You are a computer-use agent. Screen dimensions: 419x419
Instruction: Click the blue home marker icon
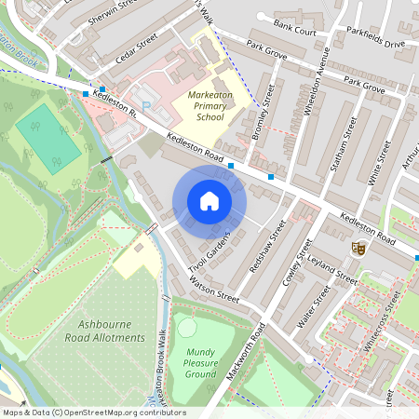tap(209, 201)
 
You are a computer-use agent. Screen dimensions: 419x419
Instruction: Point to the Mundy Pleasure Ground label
tap(201, 363)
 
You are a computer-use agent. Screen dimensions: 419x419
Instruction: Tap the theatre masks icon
tap(357, 249)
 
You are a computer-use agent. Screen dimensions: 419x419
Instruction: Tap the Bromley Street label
tap(262, 114)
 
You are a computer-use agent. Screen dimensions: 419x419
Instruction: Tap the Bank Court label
tap(296, 31)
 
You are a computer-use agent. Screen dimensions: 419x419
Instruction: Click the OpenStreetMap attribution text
tap(94, 412)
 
